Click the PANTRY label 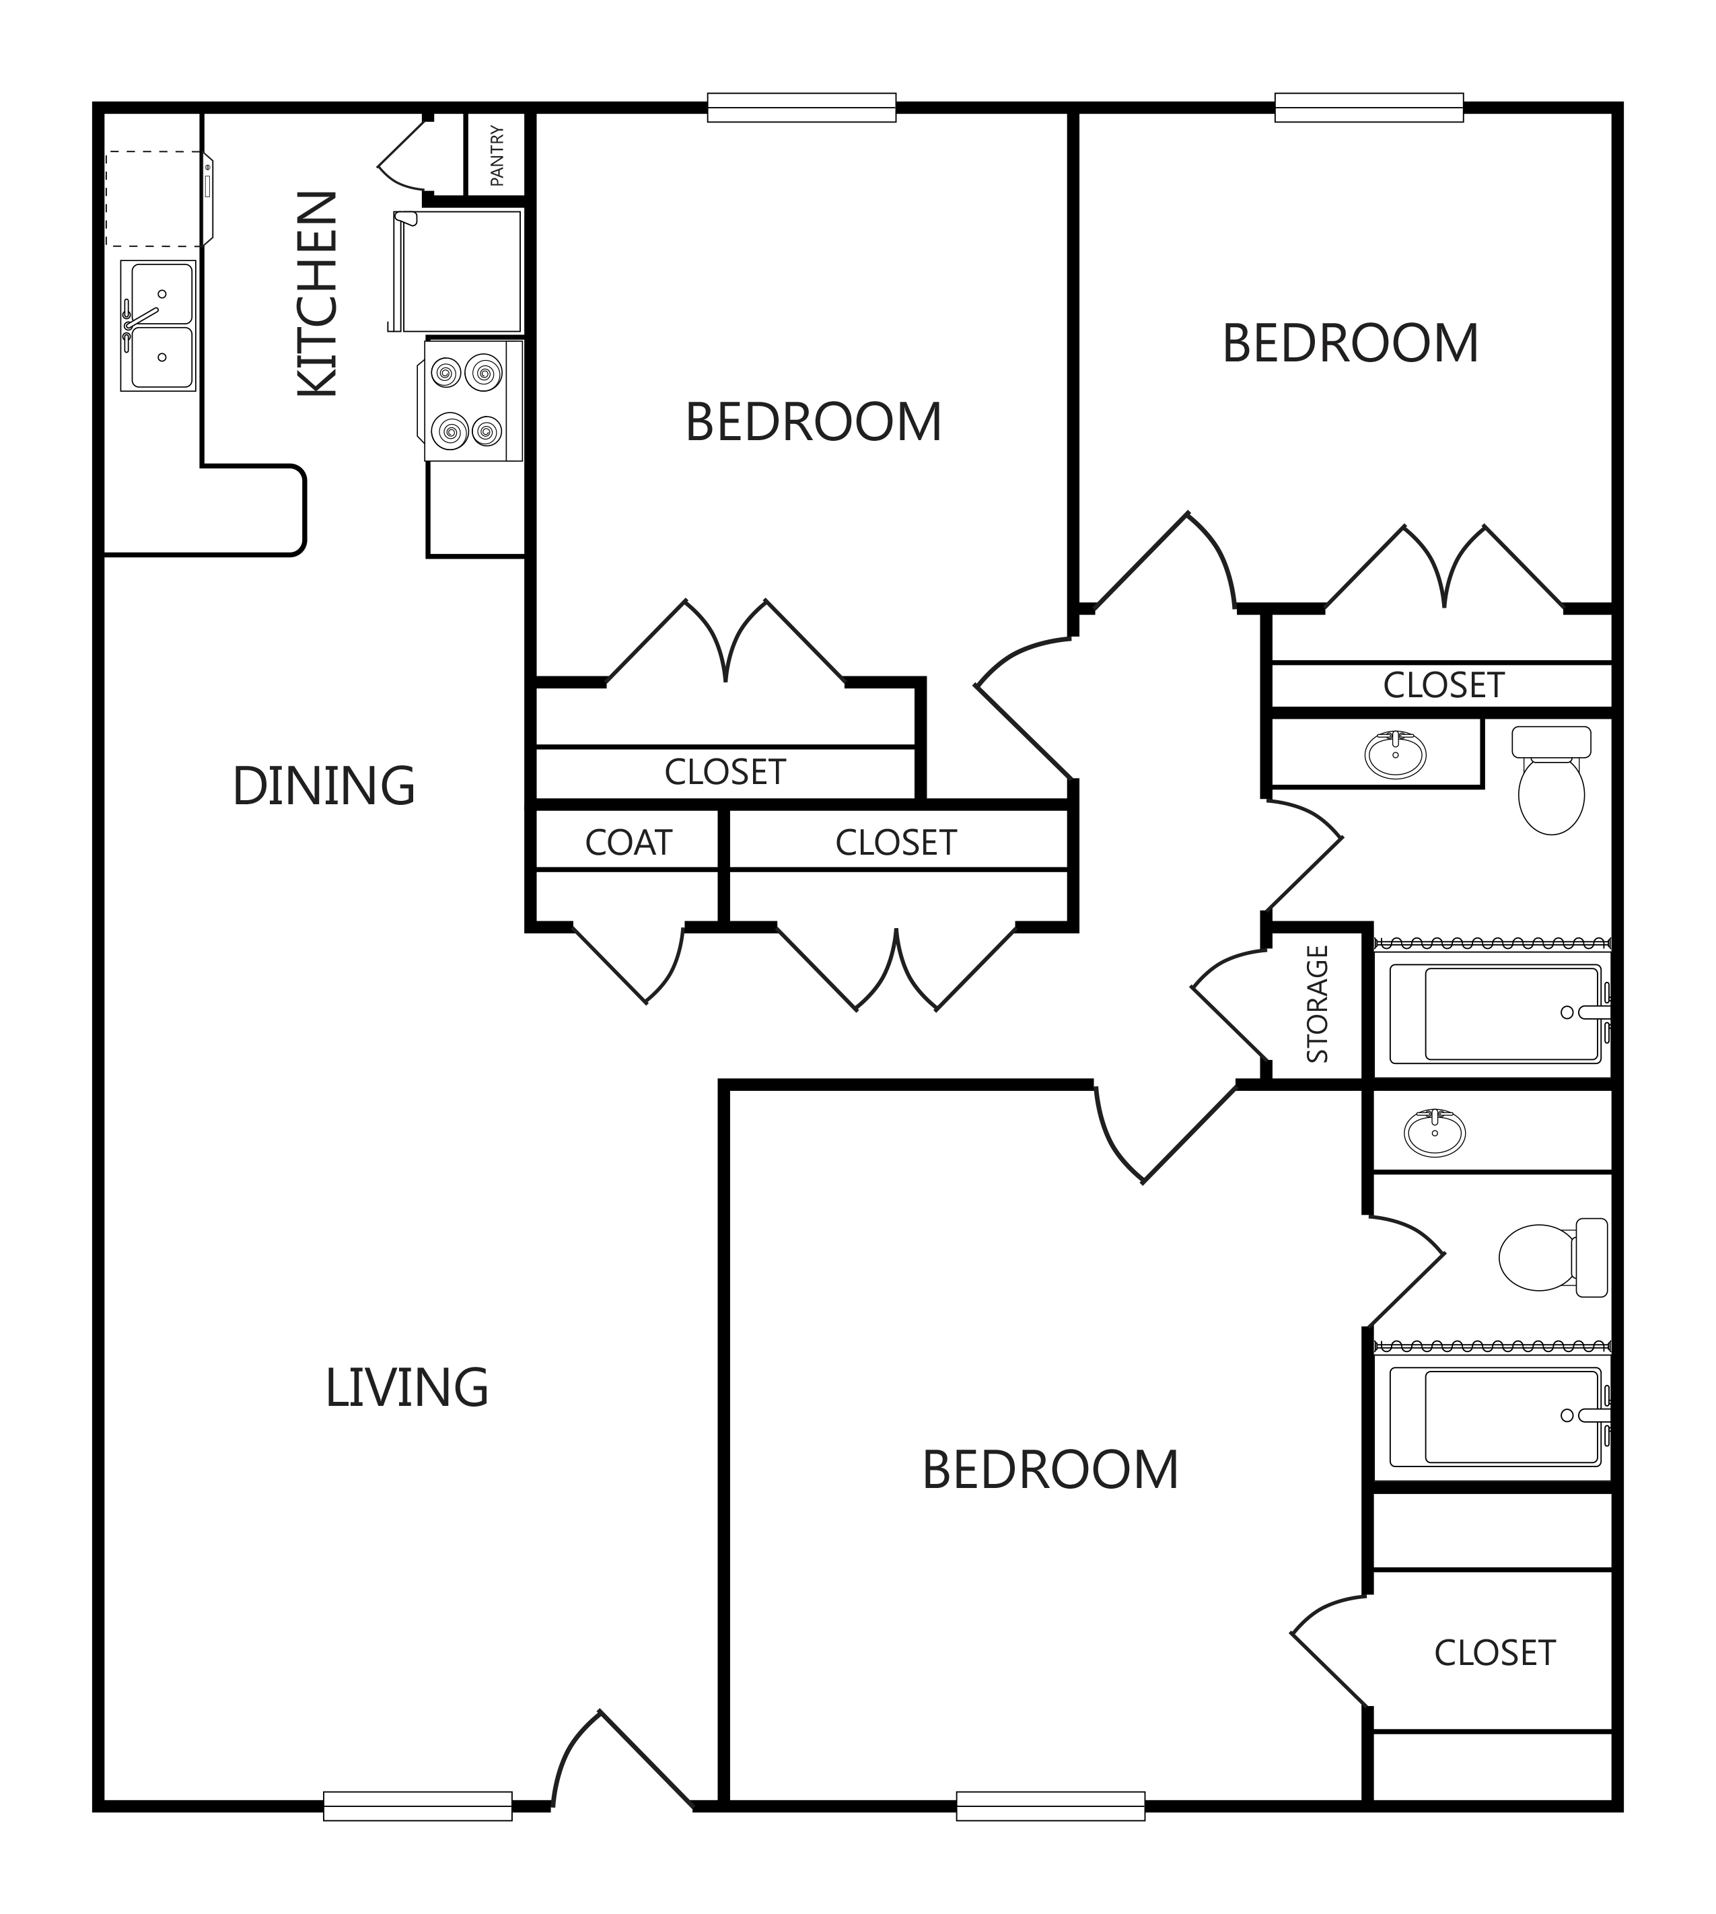point(497,155)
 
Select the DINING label point(324,786)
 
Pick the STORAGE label point(1317,1004)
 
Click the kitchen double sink point(158,325)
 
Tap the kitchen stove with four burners point(472,400)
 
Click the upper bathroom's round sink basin point(1396,754)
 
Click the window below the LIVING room point(418,1806)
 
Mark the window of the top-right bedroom point(1369,108)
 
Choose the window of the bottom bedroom point(1050,1806)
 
